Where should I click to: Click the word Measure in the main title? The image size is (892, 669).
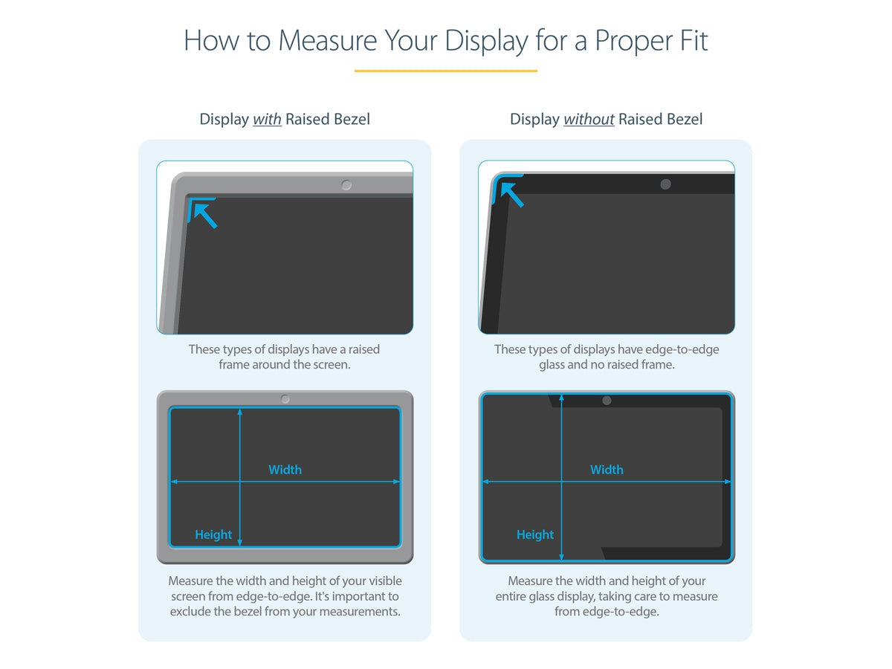pyautogui.click(x=328, y=41)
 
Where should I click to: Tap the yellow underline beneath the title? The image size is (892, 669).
pyautogui.click(x=446, y=71)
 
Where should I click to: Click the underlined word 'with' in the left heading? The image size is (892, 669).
pyautogui.click(x=267, y=119)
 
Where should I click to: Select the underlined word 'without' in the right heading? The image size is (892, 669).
pyautogui.click(x=589, y=119)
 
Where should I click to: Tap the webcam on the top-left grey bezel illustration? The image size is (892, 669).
pyautogui.click(x=346, y=185)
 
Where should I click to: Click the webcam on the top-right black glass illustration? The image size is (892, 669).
pyautogui.click(x=665, y=184)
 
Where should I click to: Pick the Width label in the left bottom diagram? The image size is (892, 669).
pyautogui.click(x=285, y=470)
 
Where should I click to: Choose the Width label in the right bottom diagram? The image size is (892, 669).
pyautogui.click(x=607, y=470)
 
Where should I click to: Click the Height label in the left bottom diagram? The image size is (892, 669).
pyautogui.click(x=213, y=534)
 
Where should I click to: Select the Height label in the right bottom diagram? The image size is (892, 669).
pyautogui.click(x=535, y=534)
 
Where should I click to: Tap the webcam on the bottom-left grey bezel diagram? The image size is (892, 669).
pyautogui.click(x=285, y=399)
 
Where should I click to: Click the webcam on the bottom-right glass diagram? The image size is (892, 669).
pyautogui.click(x=607, y=401)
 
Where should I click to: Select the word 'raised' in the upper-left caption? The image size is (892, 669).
pyautogui.click(x=364, y=349)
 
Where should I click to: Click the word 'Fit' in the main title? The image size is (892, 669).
pyautogui.click(x=691, y=41)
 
